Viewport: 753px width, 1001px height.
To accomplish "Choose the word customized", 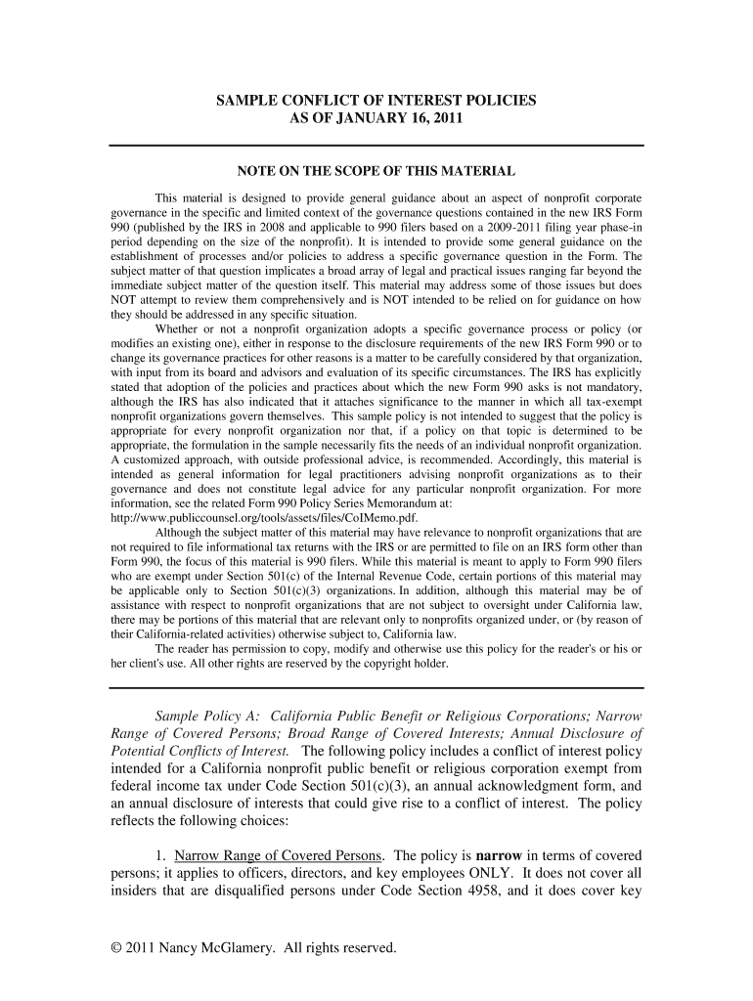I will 160,458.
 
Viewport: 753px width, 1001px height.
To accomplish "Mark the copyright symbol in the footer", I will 114,948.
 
